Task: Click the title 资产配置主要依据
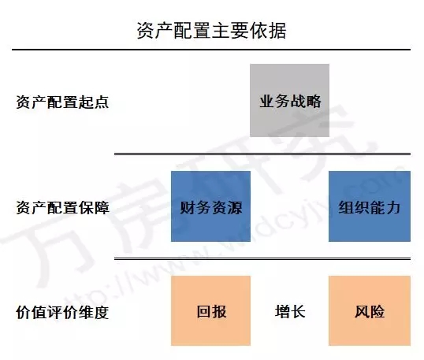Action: [x=211, y=30]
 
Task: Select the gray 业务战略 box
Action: [x=289, y=100]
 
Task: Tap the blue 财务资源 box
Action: [x=210, y=206]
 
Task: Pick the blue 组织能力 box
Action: [x=370, y=206]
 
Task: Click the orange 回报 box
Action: [x=210, y=310]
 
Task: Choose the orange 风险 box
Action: [x=370, y=310]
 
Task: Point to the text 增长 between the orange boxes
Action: [x=290, y=311]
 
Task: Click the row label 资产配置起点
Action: [x=62, y=102]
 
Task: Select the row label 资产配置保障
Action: [x=62, y=207]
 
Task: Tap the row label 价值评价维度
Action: [x=62, y=313]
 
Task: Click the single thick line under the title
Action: [x=211, y=50]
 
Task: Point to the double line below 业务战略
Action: [x=262, y=154]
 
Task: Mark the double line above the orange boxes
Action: [x=262, y=259]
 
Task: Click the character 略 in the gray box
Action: [x=314, y=102]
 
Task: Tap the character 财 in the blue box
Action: [x=188, y=207]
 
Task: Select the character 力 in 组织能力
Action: [x=392, y=207]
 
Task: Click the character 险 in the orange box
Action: [x=377, y=311]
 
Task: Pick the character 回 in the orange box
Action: [x=204, y=311]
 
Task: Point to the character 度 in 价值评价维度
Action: [x=102, y=313]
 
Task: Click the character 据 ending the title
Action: [x=277, y=30]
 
